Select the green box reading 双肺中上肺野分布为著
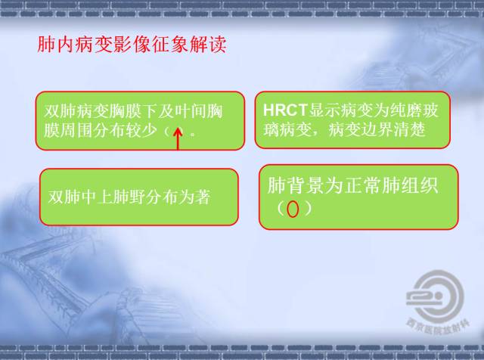138,197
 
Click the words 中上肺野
103,197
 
